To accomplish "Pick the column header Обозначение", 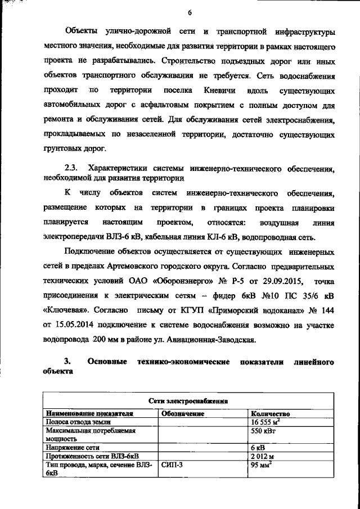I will [183, 413].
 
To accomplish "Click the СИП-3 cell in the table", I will [173, 465].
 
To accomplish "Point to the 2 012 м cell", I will [263, 456].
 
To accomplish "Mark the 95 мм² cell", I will [262, 465].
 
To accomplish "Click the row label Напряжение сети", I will [73, 447].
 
